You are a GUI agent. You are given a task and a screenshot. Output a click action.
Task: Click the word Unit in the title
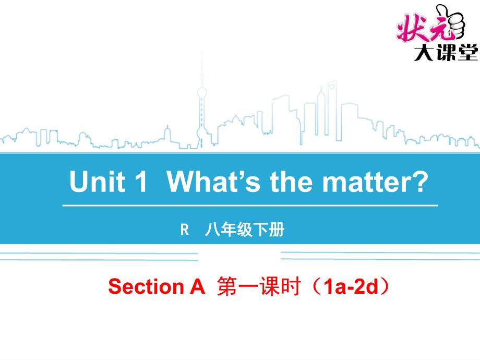(x=98, y=181)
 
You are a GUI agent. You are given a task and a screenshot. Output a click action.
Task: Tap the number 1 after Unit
(x=141, y=181)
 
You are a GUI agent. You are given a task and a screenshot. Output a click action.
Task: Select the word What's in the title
(x=214, y=181)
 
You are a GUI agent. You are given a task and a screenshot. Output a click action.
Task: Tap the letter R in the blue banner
(x=185, y=230)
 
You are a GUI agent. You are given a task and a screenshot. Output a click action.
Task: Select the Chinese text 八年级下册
(x=245, y=230)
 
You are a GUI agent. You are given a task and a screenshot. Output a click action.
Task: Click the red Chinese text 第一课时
(x=258, y=286)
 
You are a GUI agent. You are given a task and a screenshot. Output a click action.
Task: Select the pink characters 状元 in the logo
(x=424, y=28)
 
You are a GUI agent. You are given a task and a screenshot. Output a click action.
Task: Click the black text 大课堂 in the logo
(x=446, y=52)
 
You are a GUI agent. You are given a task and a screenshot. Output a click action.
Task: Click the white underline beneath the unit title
(x=250, y=206)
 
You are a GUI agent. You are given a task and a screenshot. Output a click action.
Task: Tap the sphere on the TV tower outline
(x=202, y=92)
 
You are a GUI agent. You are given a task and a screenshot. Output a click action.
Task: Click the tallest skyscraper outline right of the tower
(x=332, y=110)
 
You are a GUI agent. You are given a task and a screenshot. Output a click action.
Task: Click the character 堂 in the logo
(x=468, y=52)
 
